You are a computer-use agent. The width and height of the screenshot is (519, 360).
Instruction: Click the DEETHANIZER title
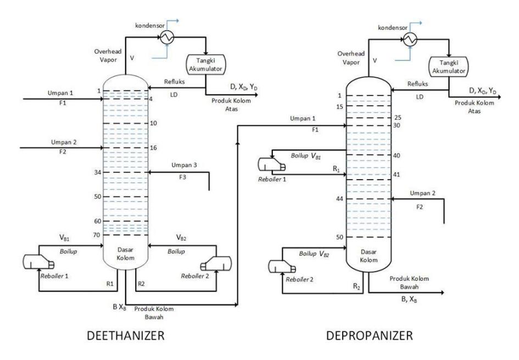click(x=125, y=335)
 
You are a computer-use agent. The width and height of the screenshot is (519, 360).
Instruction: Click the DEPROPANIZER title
click(x=370, y=335)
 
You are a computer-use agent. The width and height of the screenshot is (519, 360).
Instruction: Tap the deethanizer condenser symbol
click(x=167, y=37)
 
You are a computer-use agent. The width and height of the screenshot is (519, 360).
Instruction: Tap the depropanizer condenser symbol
click(x=410, y=40)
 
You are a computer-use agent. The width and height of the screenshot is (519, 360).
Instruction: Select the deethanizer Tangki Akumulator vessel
click(x=205, y=64)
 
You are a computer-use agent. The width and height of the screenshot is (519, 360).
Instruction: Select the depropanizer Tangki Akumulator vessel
click(x=449, y=67)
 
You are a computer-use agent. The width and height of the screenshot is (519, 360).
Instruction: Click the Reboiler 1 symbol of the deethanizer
click(x=38, y=262)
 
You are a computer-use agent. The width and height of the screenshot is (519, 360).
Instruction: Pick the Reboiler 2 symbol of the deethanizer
click(x=216, y=264)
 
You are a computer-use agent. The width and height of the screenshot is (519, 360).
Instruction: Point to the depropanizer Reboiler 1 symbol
click(x=271, y=164)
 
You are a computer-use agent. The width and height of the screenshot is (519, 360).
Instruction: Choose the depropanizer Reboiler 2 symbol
click(x=282, y=266)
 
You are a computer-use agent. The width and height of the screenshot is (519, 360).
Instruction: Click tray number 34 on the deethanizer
click(x=97, y=172)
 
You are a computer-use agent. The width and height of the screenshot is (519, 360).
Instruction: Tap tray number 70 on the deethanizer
click(x=96, y=235)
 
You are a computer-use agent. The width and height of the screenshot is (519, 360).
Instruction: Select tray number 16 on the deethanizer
click(x=153, y=148)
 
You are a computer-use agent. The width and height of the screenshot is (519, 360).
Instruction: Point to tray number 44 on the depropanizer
click(x=339, y=199)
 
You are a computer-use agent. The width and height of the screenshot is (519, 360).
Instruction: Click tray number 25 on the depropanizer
click(x=398, y=118)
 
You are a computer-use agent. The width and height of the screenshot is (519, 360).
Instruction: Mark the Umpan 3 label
click(x=184, y=165)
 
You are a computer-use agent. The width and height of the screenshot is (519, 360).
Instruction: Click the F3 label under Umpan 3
click(x=183, y=177)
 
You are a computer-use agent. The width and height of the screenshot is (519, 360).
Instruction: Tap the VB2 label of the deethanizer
click(x=181, y=237)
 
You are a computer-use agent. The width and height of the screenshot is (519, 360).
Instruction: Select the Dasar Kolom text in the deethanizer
click(x=125, y=254)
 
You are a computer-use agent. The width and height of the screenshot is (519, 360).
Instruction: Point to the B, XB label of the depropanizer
click(x=409, y=299)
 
